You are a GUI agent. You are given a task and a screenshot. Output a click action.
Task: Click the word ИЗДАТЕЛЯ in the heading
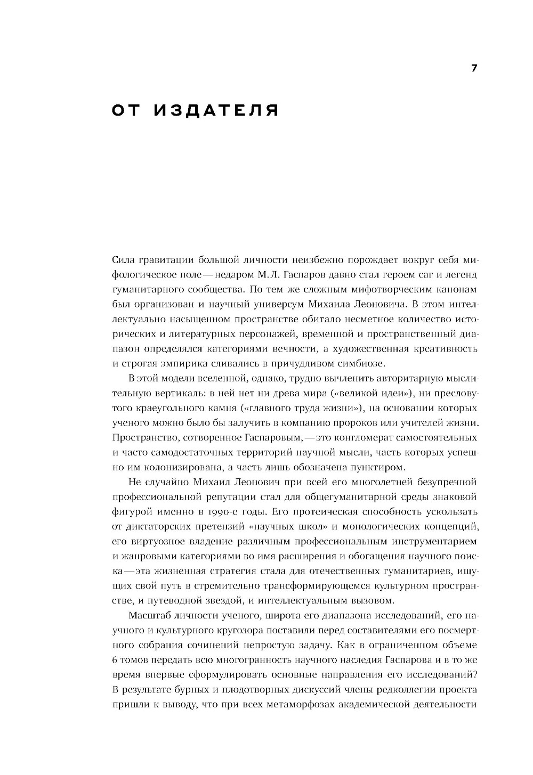pos(216,111)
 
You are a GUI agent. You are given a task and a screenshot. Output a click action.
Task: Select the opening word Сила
pos(124,260)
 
